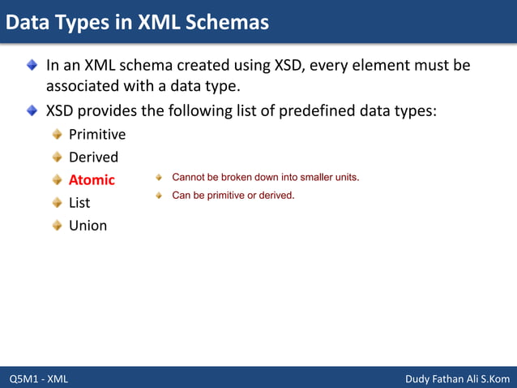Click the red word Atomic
pos(92,179)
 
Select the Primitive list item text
pos(97,134)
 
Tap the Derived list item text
pos(93,157)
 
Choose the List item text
pos(79,202)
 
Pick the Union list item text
pos(88,225)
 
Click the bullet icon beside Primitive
pos(57,134)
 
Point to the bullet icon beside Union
pos(57,225)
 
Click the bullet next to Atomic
pos(57,179)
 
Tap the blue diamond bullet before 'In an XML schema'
pos(31,64)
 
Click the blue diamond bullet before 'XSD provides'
pos(31,110)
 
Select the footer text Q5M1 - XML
pos(39,379)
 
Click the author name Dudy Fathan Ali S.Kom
pos(456,379)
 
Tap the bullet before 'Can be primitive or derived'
pos(160,195)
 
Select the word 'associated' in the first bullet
pos(83,86)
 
